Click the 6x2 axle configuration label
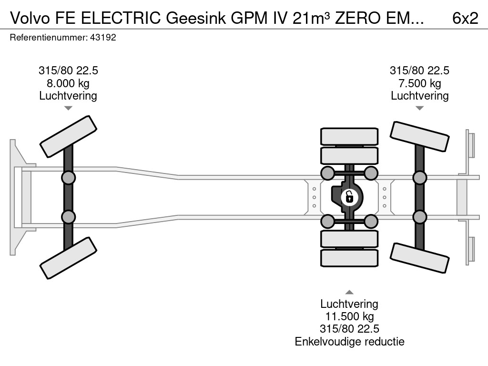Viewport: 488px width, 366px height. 465,18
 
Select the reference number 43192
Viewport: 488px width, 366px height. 103,37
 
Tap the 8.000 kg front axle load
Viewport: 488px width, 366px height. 68,83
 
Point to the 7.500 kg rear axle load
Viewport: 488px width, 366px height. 419,83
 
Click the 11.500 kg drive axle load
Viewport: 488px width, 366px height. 349,316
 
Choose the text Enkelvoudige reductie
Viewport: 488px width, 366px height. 349,341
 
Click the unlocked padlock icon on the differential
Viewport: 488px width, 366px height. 349,196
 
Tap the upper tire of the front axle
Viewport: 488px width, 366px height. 69,136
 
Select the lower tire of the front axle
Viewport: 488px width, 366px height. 69,258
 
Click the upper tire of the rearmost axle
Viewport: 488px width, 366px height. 419,137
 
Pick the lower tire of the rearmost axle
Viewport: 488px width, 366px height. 419,258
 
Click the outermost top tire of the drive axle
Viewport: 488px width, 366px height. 349,136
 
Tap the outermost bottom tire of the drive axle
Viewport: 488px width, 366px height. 349,258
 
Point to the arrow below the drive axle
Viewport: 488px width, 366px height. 349,292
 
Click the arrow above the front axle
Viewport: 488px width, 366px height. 68,108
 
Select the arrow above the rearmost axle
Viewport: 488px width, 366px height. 419,108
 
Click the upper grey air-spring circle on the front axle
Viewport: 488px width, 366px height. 69,178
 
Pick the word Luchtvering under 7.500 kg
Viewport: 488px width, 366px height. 419,96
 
